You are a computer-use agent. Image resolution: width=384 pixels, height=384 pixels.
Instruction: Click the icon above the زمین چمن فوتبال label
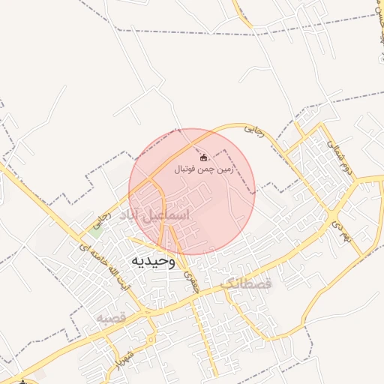[205, 157]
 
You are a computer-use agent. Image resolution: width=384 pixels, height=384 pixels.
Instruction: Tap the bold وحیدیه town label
[153, 261]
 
